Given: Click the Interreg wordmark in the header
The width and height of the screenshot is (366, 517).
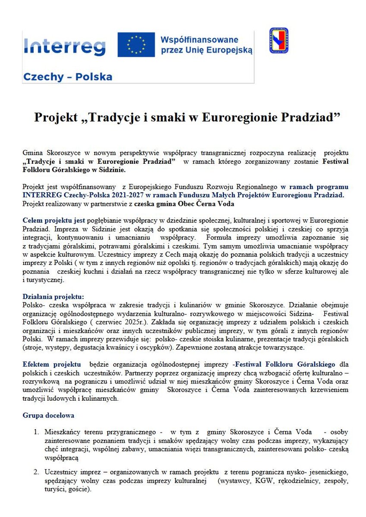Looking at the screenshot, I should click(65, 45).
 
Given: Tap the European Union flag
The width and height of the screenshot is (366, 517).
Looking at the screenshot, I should click(136, 45).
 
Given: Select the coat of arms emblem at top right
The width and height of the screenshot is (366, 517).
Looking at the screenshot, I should click(278, 40).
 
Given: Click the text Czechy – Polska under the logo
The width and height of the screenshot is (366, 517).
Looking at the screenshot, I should click(67, 77).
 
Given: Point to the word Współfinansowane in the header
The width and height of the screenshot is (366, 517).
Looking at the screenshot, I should click(199, 40).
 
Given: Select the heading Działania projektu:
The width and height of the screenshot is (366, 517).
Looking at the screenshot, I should click(53, 296).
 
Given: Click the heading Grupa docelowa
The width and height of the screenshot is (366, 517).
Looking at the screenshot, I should click(48, 415).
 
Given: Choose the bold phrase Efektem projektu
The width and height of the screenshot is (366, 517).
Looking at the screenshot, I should click(52, 364).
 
